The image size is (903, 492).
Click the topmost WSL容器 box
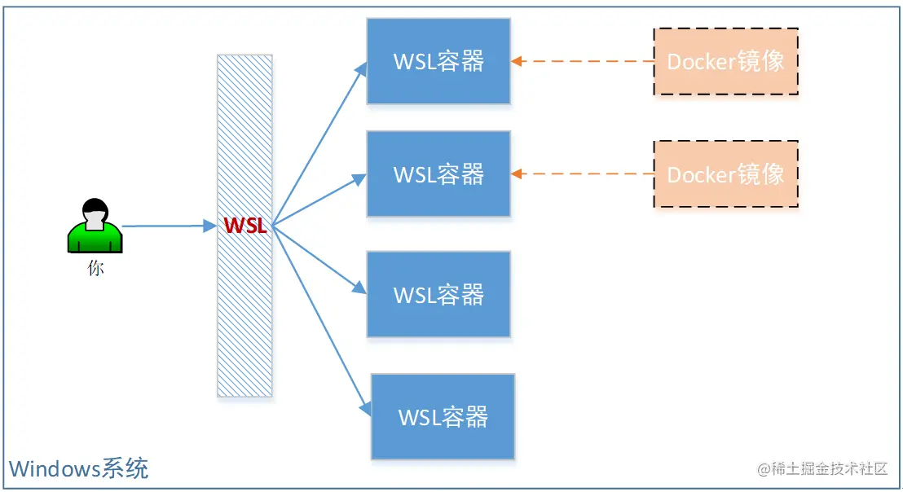438,61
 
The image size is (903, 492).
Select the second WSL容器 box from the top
438,174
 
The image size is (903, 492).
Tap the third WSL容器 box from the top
438,294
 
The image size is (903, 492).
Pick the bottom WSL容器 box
443,417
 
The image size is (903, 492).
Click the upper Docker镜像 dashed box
725,62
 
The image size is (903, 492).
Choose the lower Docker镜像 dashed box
725,174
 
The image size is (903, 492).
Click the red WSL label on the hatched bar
245,226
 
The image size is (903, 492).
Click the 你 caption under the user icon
95,268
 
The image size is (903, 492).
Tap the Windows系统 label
78,468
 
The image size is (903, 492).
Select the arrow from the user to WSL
167,226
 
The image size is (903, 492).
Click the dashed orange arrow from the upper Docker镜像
583,61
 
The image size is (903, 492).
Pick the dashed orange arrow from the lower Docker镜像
583,174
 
